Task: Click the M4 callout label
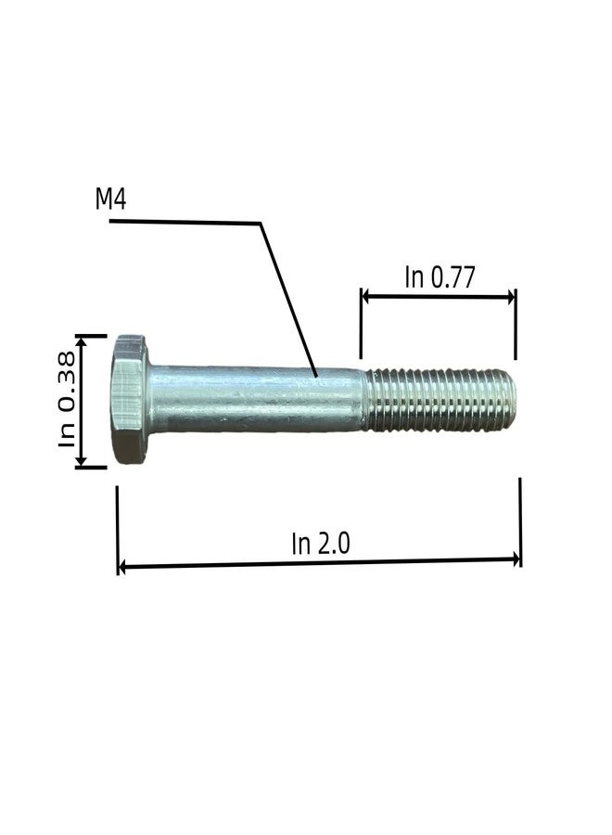click(110, 199)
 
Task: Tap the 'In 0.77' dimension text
click(439, 276)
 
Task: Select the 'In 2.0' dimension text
click(321, 544)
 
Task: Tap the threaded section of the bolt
click(440, 399)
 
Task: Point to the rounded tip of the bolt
click(510, 399)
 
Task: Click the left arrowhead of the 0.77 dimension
click(365, 297)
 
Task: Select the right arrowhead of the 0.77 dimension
click(511, 297)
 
